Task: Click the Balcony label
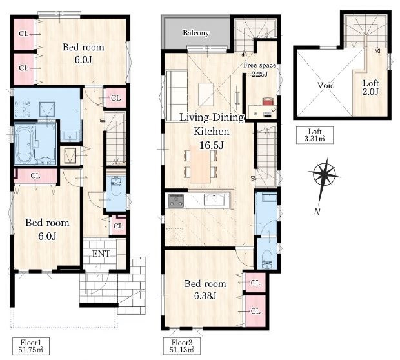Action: click(x=195, y=33)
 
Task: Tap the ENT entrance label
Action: click(x=101, y=254)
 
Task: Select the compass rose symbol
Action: click(x=324, y=175)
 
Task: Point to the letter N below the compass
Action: click(x=317, y=211)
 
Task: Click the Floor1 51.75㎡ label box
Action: click(x=30, y=346)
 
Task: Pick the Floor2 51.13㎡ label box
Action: click(x=182, y=346)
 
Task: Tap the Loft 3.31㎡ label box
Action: click(x=315, y=135)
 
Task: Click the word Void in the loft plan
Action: click(x=326, y=85)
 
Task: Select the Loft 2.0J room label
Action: click(x=370, y=87)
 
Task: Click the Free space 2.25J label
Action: click(x=259, y=70)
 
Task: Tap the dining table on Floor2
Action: click(x=201, y=163)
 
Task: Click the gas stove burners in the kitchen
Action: click(x=175, y=200)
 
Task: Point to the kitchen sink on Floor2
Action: click(x=214, y=199)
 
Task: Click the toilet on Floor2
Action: click(x=267, y=259)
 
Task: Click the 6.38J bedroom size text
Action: click(x=205, y=296)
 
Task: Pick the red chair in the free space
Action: click(x=268, y=101)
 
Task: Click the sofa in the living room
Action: click(x=177, y=96)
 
